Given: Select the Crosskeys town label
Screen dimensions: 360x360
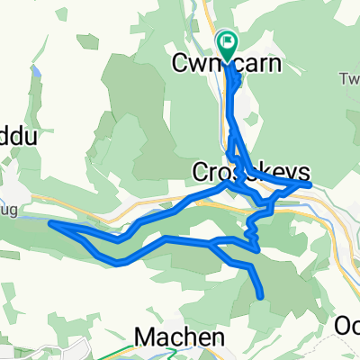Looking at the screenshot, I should click(251, 173).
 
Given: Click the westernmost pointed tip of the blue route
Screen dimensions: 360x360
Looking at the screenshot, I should click(49, 222).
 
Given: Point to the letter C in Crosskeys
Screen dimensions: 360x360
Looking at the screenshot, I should click(202, 173).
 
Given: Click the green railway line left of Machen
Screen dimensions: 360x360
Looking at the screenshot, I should click(108, 354).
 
